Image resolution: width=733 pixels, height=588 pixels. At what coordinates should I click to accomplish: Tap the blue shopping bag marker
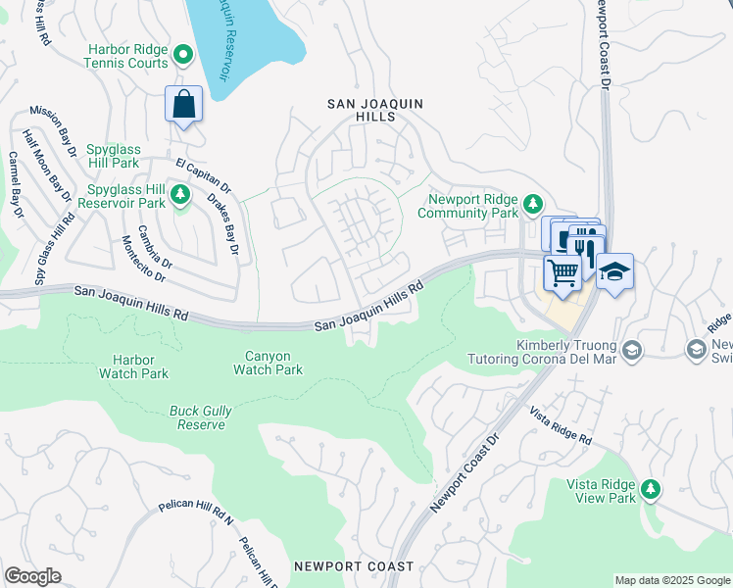pyautogui.click(x=183, y=104)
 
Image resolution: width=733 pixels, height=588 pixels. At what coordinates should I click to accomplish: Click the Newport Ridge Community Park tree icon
pyautogui.click(x=532, y=204)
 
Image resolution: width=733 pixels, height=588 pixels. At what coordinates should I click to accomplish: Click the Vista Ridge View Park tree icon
pyautogui.click(x=649, y=488)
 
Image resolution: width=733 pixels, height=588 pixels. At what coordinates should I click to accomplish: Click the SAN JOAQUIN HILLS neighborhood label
pyautogui.click(x=361, y=109)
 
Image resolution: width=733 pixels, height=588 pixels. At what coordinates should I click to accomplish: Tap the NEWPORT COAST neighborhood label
pyautogui.click(x=353, y=566)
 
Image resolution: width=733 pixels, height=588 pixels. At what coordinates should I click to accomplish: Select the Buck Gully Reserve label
pyautogui.click(x=201, y=417)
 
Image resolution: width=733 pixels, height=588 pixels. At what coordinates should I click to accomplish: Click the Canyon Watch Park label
pyautogui.click(x=268, y=363)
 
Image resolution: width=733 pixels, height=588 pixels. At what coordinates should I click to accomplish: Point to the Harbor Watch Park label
pyautogui.click(x=133, y=367)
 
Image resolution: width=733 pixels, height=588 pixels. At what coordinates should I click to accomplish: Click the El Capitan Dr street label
pyautogui.click(x=203, y=174)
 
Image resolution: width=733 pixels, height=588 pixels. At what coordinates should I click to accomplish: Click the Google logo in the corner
pyautogui.click(x=33, y=576)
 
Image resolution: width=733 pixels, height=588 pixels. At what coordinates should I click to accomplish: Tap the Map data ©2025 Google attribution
pyautogui.click(x=672, y=580)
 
